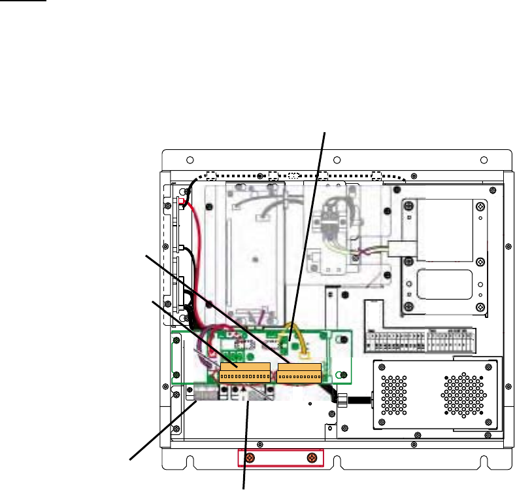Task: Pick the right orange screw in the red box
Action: click(x=311, y=458)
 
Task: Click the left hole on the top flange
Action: click(x=188, y=160)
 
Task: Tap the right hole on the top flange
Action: click(x=484, y=160)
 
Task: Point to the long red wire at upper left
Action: click(x=194, y=262)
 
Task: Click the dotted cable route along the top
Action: click(x=294, y=175)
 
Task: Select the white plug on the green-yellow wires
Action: click(x=398, y=249)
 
